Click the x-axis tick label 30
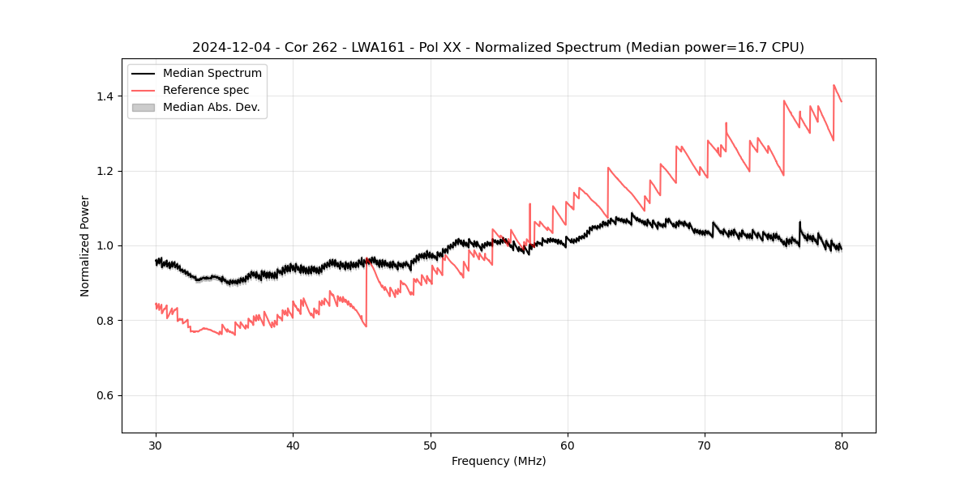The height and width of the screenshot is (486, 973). [156, 446]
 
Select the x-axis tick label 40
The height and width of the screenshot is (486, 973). [293, 446]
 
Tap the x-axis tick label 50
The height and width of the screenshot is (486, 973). [430, 446]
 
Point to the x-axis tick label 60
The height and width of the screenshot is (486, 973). [567, 446]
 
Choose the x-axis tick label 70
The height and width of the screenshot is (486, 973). [704, 446]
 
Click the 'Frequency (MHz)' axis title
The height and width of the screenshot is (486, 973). [499, 461]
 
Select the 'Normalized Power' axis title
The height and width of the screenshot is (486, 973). [85, 245]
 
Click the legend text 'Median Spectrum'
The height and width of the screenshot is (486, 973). [212, 74]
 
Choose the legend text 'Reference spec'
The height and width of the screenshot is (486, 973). [206, 90]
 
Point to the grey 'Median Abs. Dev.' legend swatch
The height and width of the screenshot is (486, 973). [142, 107]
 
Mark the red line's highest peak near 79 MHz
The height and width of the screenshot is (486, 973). [834, 85]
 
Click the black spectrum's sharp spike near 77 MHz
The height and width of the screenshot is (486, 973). [799, 221]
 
